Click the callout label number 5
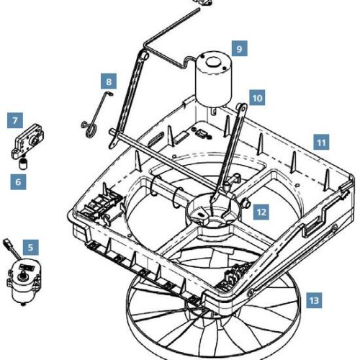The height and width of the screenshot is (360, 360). (31, 247)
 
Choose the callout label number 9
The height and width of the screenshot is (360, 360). (240, 48)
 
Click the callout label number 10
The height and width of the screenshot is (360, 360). (258, 96)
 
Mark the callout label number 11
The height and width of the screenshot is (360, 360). (321, 143)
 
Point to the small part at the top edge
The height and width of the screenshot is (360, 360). (205, 3)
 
